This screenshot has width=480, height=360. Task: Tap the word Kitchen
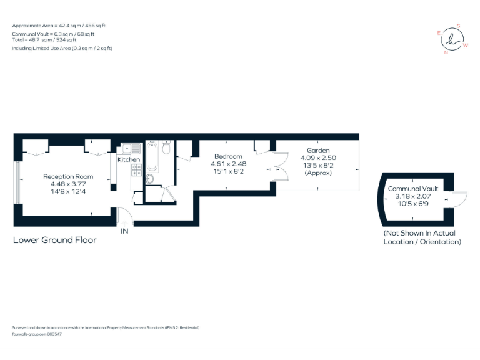(x=129, y=160)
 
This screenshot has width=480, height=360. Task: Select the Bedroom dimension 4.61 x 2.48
(x=227, y=164)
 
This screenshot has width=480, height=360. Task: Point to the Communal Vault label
(x=412, y=188)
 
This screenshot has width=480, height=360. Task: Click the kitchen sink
(x=131, y=148)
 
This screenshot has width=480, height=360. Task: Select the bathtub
(x=152, y=157)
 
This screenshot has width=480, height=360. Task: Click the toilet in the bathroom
(x=166, y=148)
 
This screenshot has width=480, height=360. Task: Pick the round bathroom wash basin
(x=149, y=179)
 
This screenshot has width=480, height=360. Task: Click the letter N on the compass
(x=446, y=52)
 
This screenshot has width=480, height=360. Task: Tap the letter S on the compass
(x=458, y=26)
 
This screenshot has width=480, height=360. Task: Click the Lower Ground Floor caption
(x=54, y=240)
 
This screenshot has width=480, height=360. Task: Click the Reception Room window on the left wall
(x=17, y=182)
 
